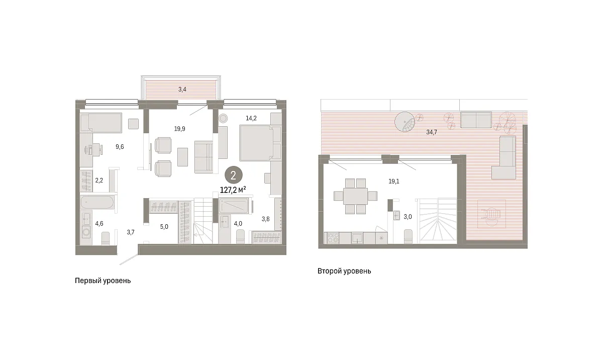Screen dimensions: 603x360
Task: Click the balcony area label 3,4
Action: (182, 89)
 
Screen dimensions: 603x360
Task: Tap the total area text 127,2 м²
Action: (233, 190)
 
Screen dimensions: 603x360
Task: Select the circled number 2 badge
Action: (233, 175)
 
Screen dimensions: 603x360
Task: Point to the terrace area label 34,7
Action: (432, 132)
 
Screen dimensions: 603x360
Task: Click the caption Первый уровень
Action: (103, 281)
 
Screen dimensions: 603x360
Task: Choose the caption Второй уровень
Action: (344, 271)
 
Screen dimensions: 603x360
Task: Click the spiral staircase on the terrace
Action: (405, 122)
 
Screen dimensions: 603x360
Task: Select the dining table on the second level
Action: (355, 196)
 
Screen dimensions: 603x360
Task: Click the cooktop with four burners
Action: (333, 238)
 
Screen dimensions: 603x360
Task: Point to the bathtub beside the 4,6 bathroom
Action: (97, 202)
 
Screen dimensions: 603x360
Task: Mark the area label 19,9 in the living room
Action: (179, 129)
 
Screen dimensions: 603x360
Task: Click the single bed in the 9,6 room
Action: (101, 123)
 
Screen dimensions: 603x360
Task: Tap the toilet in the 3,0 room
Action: (408, 236)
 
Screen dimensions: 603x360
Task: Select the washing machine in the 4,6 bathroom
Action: (86, 232)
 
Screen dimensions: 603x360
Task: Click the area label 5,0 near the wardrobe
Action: (164, 227)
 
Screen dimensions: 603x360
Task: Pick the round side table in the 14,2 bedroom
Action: (223, 118)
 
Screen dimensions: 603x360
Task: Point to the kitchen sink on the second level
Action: (357, 238)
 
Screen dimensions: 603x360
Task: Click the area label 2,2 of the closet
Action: (99, 181)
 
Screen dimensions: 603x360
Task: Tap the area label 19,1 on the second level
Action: (394, 182)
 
